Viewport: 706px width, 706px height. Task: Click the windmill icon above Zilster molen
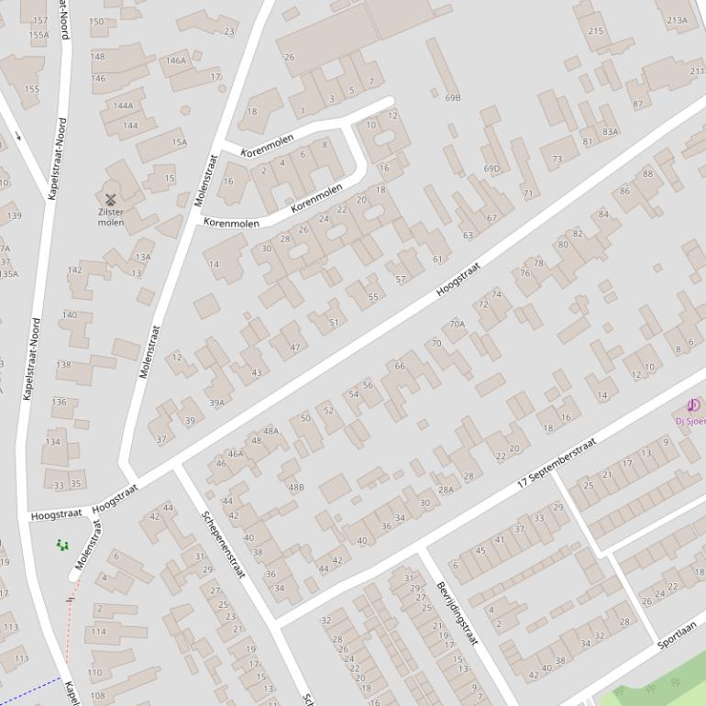coord(110,198)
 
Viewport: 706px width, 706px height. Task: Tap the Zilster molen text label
coord(110,216)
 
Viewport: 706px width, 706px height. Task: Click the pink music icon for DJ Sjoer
coord(693,406)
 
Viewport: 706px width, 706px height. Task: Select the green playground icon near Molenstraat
coord(62,545)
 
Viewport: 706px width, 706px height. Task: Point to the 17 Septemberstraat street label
coord(557,461)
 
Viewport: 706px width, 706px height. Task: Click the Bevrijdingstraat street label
coord(458,613)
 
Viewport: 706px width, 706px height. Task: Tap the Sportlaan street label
coord(677,634)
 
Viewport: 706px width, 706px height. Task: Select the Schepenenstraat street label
coord(224,544)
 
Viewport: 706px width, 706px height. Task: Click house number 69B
coord(452,97)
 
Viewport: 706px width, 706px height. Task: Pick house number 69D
coord(492,169)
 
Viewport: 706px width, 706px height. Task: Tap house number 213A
coord(677,20)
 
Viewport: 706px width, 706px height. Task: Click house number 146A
coord(175,61)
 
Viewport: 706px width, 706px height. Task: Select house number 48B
coord(296,487)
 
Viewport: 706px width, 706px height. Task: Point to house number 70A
coord(457,324)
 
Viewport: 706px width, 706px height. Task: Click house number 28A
coord(446,490)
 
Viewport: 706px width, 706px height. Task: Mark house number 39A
coord(216,403)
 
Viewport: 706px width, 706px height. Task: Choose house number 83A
coord(610,131)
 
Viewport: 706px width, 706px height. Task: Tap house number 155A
coord(39,35)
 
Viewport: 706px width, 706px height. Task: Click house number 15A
coord(179,142)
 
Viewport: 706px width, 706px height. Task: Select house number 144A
coord(123,105)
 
